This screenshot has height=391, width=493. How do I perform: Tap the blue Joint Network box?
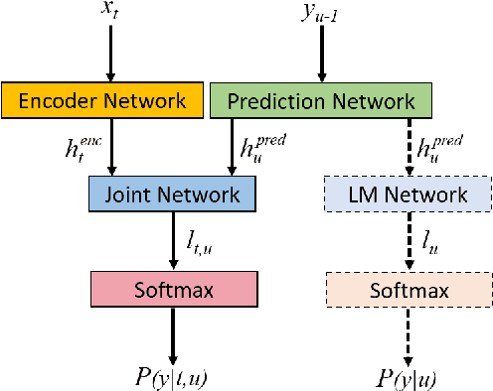tap(174, 195)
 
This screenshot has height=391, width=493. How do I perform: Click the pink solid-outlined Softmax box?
tap(174, 291)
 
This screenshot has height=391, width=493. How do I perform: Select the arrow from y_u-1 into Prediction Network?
tap(321, 60)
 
